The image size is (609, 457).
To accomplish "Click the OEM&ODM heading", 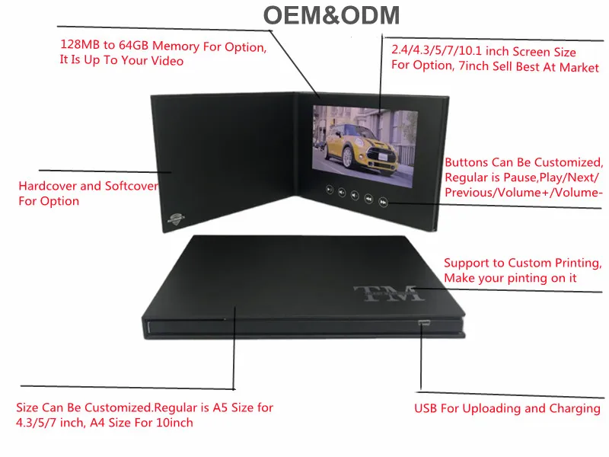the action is [330, 16].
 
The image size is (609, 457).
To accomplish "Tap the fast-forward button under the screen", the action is [384, 200].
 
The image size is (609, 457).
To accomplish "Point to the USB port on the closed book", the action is [423, 323].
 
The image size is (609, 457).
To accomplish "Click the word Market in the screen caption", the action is [581, 67].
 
